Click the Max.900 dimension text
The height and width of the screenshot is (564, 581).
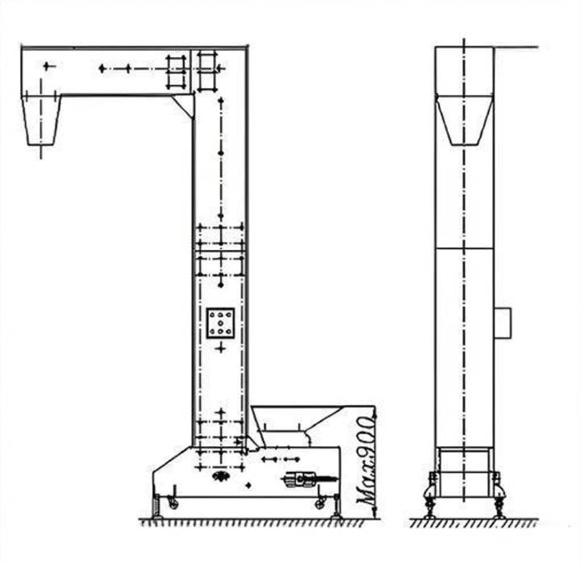coord(364,462)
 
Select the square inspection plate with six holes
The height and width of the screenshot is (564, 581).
coord(220,323)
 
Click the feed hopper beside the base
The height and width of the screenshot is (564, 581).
coord(296,425)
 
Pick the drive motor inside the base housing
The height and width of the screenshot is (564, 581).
coord(300,479)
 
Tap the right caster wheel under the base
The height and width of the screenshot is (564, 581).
coord(320,504)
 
